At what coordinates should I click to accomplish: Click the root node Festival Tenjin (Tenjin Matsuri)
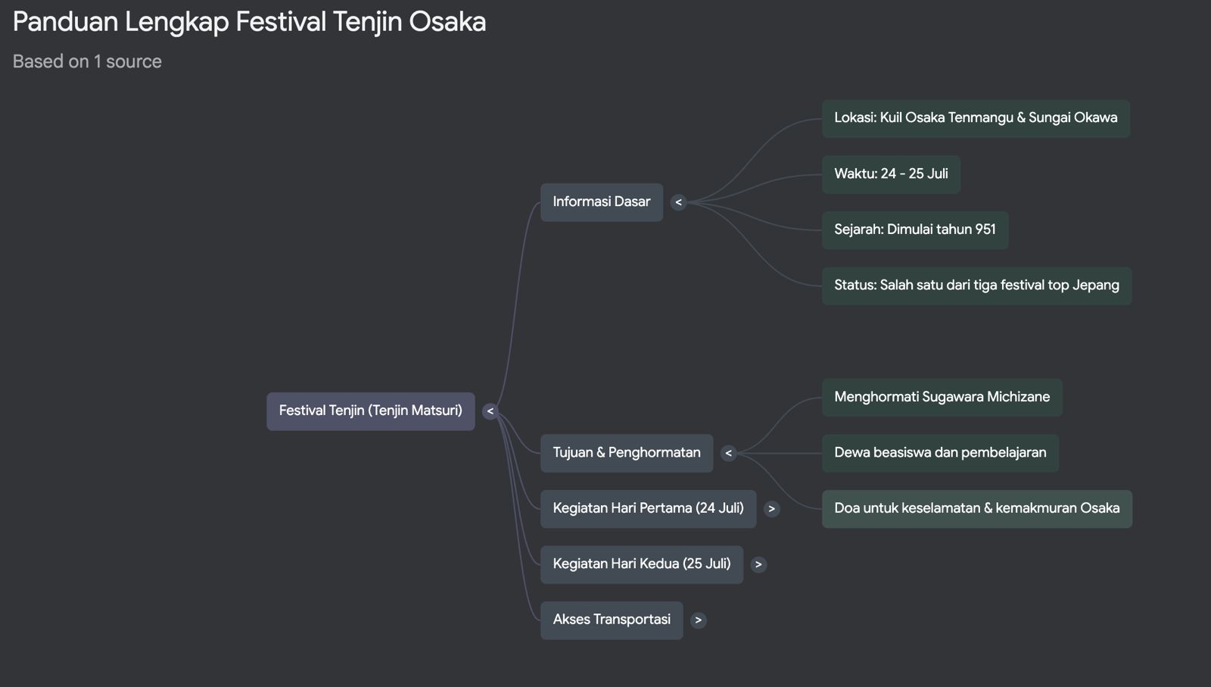pos(370,411)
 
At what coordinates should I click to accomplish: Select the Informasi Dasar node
pos(601,202)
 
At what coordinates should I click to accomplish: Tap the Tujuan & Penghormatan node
pos(626,453)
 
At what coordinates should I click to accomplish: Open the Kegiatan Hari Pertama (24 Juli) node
pos(648,508)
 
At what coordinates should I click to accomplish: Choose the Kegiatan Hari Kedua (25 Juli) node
pos(641,564)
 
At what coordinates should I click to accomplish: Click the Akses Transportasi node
pos(611,620)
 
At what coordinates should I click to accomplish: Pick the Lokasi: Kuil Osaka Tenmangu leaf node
pos(975,118)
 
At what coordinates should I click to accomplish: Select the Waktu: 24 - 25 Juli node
pos(890,174)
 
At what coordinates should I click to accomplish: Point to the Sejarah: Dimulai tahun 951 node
pos(914,230)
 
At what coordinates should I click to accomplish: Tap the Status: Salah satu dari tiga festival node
pos(976,286)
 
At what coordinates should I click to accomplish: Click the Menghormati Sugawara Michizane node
pos(942,397)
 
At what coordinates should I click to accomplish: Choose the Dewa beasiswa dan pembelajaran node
pos(939,453)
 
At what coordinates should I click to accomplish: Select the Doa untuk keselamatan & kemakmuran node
pos(976,508)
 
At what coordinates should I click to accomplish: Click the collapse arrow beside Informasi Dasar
pos(678,202)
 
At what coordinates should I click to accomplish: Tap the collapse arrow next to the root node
pos(490,411)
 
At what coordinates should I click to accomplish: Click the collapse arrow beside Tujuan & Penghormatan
pos(728,454)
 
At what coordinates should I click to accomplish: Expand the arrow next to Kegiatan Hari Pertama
pos(771,509)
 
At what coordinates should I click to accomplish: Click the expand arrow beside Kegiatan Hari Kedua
pos(758,564)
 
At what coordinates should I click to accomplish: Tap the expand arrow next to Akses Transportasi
pos(698,620)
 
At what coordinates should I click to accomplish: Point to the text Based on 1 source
pos(87,61)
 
